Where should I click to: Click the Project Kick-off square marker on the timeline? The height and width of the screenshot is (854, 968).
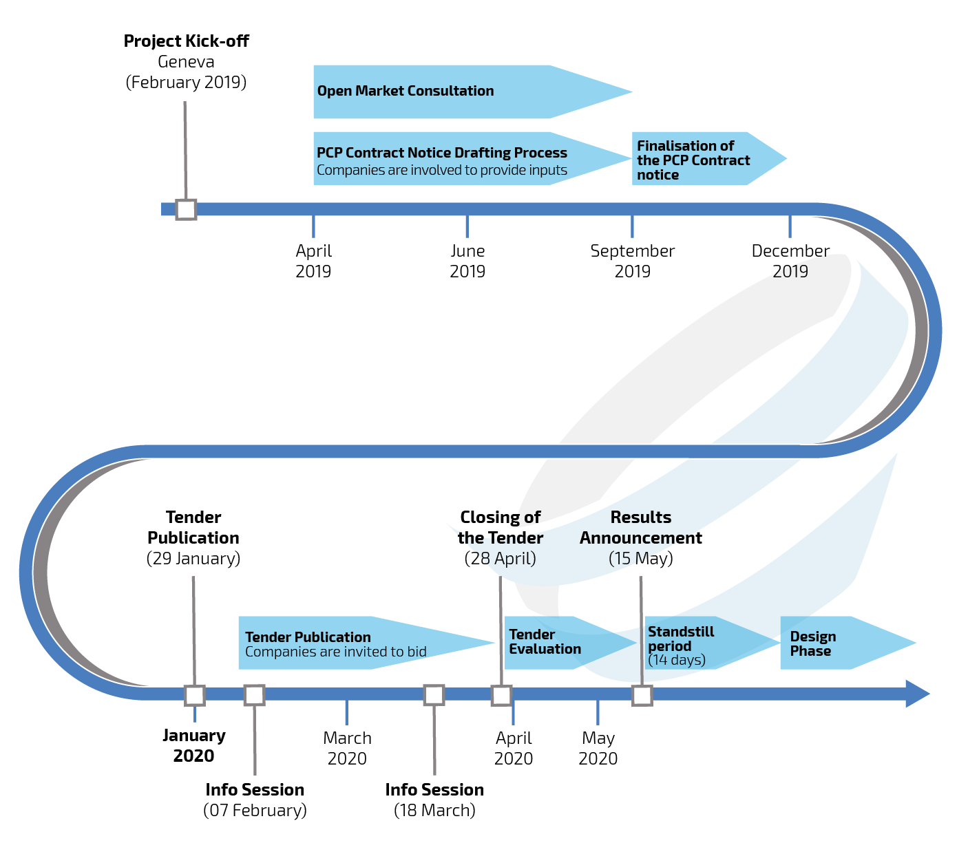(186, 209)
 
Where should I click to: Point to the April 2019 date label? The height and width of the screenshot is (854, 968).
(313, 261)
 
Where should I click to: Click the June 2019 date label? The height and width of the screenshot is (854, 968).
(467, 261)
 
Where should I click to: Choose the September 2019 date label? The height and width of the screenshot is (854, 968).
(632, 261)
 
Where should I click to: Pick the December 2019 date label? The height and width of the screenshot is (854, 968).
(790, 261)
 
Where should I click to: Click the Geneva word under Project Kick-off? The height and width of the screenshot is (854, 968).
(186, 62)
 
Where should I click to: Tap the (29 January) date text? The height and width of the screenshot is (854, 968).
(193, 558)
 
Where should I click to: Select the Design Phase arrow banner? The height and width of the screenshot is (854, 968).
(833, 643)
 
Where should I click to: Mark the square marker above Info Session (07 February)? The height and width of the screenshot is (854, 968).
(255, 695)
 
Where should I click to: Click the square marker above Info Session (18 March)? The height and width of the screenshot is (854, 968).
(434, 695)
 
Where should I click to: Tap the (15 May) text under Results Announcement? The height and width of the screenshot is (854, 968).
(641, 558)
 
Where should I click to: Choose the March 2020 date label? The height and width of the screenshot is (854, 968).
(347, 748)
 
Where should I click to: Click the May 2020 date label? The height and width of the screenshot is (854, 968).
(598, 748)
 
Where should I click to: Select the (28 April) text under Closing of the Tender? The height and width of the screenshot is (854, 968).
(501, 558)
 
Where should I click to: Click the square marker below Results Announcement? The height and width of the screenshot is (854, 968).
(642, 695)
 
